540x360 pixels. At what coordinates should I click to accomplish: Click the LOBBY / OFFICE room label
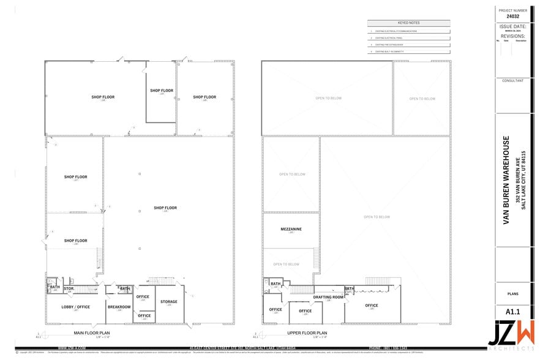[76, 307]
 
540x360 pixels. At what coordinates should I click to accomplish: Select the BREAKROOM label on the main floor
[119, 307]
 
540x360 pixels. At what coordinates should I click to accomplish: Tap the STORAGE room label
[169, 301]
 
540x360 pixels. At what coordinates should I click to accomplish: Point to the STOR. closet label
[69, 287]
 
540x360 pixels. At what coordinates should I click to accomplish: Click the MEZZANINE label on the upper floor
[291, 229]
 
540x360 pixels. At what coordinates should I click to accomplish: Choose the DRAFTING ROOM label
[328, 296]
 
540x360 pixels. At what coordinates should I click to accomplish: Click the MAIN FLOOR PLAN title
[83, 333]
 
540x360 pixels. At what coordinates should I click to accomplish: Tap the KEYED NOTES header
[409, 23]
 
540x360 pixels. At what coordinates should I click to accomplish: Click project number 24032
[512, 17]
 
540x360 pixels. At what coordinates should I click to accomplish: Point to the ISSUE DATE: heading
[512, 28]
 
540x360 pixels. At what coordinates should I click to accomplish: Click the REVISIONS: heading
[512, 37]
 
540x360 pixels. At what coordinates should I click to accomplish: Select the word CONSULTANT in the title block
[512, 81]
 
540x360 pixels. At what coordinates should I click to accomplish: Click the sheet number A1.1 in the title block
[512, 312]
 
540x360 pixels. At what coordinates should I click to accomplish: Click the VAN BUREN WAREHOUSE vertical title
[506, 180]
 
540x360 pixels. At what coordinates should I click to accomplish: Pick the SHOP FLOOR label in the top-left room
[103, 97]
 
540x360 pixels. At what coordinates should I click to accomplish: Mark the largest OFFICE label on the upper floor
[372, 305]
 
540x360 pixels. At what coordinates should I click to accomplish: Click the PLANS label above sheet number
[512, 294]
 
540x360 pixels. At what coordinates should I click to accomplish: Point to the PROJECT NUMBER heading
[512, 10]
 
